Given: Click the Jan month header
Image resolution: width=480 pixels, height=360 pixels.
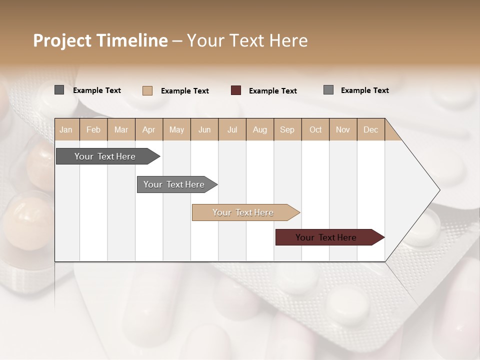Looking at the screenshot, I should coord(66,129).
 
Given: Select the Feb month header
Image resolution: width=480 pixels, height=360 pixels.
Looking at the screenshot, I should coord(93,129).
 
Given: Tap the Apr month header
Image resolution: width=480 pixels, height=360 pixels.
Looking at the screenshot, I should coord(148,129).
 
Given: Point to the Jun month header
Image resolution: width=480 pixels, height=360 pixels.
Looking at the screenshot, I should coord(204,129).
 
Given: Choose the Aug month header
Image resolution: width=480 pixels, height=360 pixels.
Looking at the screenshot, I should coord(260,129).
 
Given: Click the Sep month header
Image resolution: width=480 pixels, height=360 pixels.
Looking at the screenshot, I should coord(287,129).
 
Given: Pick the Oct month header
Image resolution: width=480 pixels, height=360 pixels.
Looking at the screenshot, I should coord(315,129).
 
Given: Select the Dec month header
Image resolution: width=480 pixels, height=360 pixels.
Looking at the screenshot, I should coord(370,129).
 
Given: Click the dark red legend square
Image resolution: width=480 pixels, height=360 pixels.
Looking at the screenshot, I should coord(236,90).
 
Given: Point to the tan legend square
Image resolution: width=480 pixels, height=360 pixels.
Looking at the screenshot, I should coord(147,90).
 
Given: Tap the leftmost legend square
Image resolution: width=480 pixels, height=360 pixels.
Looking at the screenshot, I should coord(59,90).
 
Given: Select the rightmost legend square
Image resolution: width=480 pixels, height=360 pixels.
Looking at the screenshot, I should coord(328,90).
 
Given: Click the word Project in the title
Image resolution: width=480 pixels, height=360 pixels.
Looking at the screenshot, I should coord(62,40).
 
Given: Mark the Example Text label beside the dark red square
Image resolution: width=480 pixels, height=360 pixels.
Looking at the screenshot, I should coord(273,91).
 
